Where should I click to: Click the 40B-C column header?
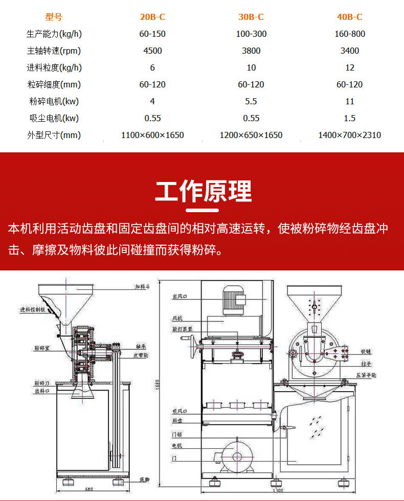click(x=349, y=17)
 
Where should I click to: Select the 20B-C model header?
click(x=152, y=17)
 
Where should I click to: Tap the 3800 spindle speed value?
click(x=251, y=51)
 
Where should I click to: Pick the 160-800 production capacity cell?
click(x=349, y=34)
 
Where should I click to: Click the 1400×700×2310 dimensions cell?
click(x=349, y=135)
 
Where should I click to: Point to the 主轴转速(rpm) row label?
click(x=54, y=51)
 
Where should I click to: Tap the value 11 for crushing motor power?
click(x=349, y=101)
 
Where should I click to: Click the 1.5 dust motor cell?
click(x=349, y=118)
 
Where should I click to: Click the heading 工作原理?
click(x=203, y=192)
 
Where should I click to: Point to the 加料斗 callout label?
click(x=143, y=287)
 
